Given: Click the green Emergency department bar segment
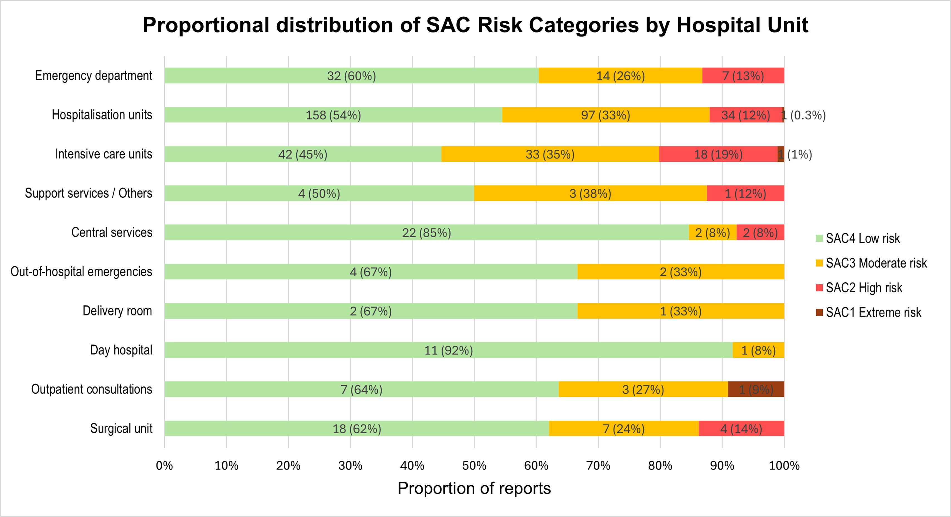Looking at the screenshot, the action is click(x=352, y=75).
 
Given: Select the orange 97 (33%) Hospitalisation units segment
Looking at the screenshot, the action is click(x=606, y=115).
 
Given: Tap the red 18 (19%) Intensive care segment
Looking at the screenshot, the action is click(x=718, y=154).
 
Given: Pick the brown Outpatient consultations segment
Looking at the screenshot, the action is click(x=756, y=389).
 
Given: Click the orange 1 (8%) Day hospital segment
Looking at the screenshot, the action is click(x=758, y=350).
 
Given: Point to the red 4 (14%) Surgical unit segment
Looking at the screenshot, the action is click(x=741, y=428).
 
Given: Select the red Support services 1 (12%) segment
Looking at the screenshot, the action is click(x=745, y=193).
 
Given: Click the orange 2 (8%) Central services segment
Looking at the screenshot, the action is click(x=713, y=232).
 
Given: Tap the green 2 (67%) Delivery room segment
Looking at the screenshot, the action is click(x=371, y=311).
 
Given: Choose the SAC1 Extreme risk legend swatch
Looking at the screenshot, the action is click(x=819, y=312).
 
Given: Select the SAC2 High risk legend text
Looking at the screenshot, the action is click(x=864, y=288).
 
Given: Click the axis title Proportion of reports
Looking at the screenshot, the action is click(x=474, y=488).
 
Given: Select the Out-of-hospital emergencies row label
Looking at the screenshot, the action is click(x=81, y=271).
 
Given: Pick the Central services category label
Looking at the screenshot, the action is click(x=112, y=232).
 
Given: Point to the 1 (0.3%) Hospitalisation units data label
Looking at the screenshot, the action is click(x=804, y=115).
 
